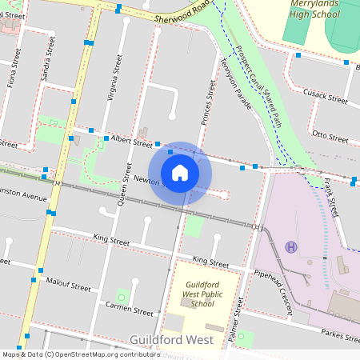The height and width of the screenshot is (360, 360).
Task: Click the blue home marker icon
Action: (180, 173)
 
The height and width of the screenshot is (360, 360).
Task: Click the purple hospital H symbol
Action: (291, 246)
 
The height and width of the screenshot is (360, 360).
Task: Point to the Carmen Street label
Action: (129, 310)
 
